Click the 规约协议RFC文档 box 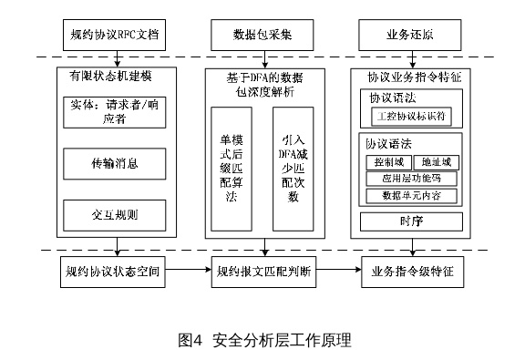pos(114,38)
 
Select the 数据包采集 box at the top pos(263,38)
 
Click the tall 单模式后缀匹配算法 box pos(232,168)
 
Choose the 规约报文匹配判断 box pos(263,270)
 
